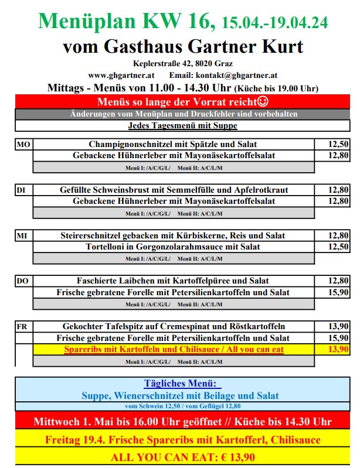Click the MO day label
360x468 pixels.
pos(23,144)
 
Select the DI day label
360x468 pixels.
pos(22,190)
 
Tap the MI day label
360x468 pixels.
pos(22,236)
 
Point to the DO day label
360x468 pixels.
pos(23,282)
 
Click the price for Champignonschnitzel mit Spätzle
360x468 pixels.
pos(339,144)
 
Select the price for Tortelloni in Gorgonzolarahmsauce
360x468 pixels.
pos(339,247)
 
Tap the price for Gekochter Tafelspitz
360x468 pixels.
pos(339,327)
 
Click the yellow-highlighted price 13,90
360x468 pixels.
pos(339,350)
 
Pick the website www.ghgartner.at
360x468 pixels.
pos(121,75)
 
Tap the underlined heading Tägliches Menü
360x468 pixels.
pos(180,384)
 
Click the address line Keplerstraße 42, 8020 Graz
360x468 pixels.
pos(180,63)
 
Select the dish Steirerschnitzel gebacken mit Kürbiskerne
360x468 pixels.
pos(173,236)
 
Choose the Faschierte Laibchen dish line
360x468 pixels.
pos(173,282)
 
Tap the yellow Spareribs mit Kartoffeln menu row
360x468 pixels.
pos(173,350)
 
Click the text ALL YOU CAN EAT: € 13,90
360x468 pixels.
pos(180,456)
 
